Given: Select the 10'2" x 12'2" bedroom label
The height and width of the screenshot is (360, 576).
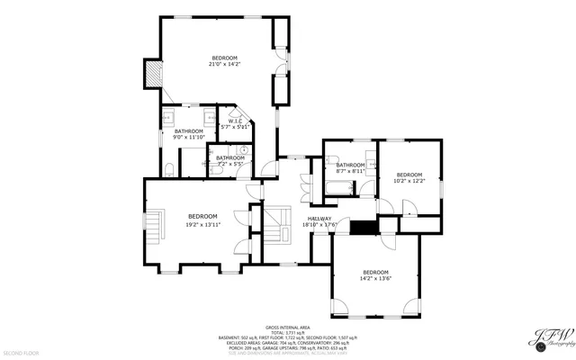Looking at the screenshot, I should coord(409,177).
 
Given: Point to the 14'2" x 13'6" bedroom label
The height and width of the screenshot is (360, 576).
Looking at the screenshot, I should coord(375,275).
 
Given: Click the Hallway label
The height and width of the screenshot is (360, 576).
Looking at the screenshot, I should coord(319,221).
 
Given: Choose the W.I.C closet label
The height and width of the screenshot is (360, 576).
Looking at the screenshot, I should coord(237,124).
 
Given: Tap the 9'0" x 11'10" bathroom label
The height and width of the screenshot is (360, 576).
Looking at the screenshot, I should coord(188,134).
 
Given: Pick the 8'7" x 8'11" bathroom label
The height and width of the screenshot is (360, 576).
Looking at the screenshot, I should coord(350,167).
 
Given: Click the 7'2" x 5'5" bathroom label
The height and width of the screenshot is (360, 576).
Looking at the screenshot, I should coord(230,161).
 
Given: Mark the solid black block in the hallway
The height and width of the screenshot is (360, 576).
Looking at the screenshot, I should coord(363,227).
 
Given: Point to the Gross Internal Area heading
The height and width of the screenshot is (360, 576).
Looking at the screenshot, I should coord(287,327).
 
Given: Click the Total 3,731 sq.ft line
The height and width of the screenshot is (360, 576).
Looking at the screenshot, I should coord(287,332).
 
